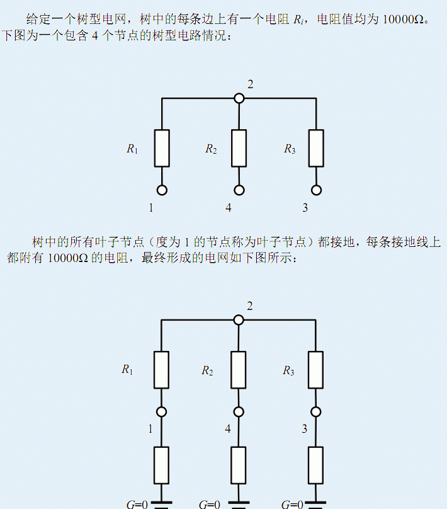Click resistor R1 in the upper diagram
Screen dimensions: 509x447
coord(162,148)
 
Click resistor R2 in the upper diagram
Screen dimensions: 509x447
coord(239,148)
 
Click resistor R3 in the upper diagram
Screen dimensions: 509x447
coord(316,148)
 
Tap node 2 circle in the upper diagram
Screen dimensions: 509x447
coord(239,98)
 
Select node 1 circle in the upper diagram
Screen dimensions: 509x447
coord(162,190)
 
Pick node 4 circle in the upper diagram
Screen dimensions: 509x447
coord(239,190)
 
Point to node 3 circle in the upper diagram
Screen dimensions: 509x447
coord(316,190)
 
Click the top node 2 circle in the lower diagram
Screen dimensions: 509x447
coord(239,320)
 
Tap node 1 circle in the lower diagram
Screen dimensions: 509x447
coord(162,411)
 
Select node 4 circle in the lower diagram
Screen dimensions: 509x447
coord(239,411)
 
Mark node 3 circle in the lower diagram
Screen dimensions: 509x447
coord(316,411)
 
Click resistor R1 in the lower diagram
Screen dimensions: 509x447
coord(162,370)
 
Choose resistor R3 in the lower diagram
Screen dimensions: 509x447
coord(316,370)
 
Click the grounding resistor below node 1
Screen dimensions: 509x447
coord(162,465)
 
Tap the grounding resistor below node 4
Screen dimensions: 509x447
coord(239,465)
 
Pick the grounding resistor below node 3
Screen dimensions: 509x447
coord(316,465)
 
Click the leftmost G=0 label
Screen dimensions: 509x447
coord(137,504)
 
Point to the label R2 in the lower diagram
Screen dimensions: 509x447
coord(207,371)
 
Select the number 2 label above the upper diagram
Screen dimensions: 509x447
coord(251,84)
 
